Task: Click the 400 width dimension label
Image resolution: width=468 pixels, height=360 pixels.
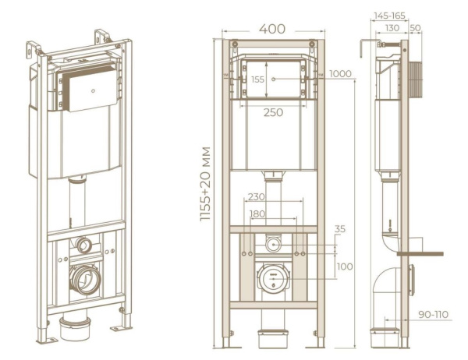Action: (272, 29)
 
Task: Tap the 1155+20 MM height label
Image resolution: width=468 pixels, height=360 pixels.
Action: (206, 184)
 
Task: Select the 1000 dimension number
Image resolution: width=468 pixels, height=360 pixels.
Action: (340, 74)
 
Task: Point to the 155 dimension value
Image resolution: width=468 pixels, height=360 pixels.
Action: (257, 79)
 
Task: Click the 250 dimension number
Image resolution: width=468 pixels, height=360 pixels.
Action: (274, 112)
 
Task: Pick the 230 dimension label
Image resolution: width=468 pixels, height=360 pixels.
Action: (257, 197)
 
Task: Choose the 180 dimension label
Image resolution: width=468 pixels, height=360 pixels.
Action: (257, 214)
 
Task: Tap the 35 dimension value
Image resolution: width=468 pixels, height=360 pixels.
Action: (339, 229)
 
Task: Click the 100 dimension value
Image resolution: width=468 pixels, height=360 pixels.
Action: (345, 266)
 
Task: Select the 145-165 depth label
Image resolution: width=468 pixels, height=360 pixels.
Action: (389, 16)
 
